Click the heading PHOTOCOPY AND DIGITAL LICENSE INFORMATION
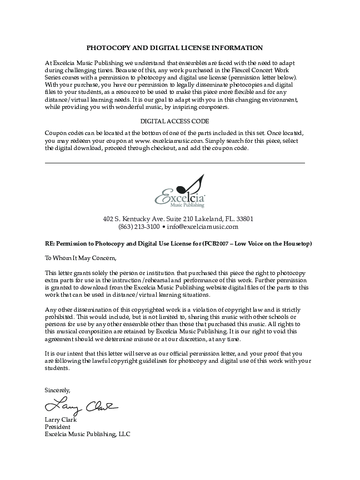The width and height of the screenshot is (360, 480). tap(174, 48)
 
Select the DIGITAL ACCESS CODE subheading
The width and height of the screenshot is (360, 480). tap(174, 121)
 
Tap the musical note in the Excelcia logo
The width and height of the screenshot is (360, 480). tap(196, 184)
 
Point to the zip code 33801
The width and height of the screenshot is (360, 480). tap(245, 219)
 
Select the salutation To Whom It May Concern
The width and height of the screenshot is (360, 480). tap(81, 258)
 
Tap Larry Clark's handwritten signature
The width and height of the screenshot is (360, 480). tap(81, 405)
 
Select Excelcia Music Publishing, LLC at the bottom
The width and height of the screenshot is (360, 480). tap(87, 434)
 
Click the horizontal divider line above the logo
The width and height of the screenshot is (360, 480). tap(174, 163)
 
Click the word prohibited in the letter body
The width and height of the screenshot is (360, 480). tap(62, 316)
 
